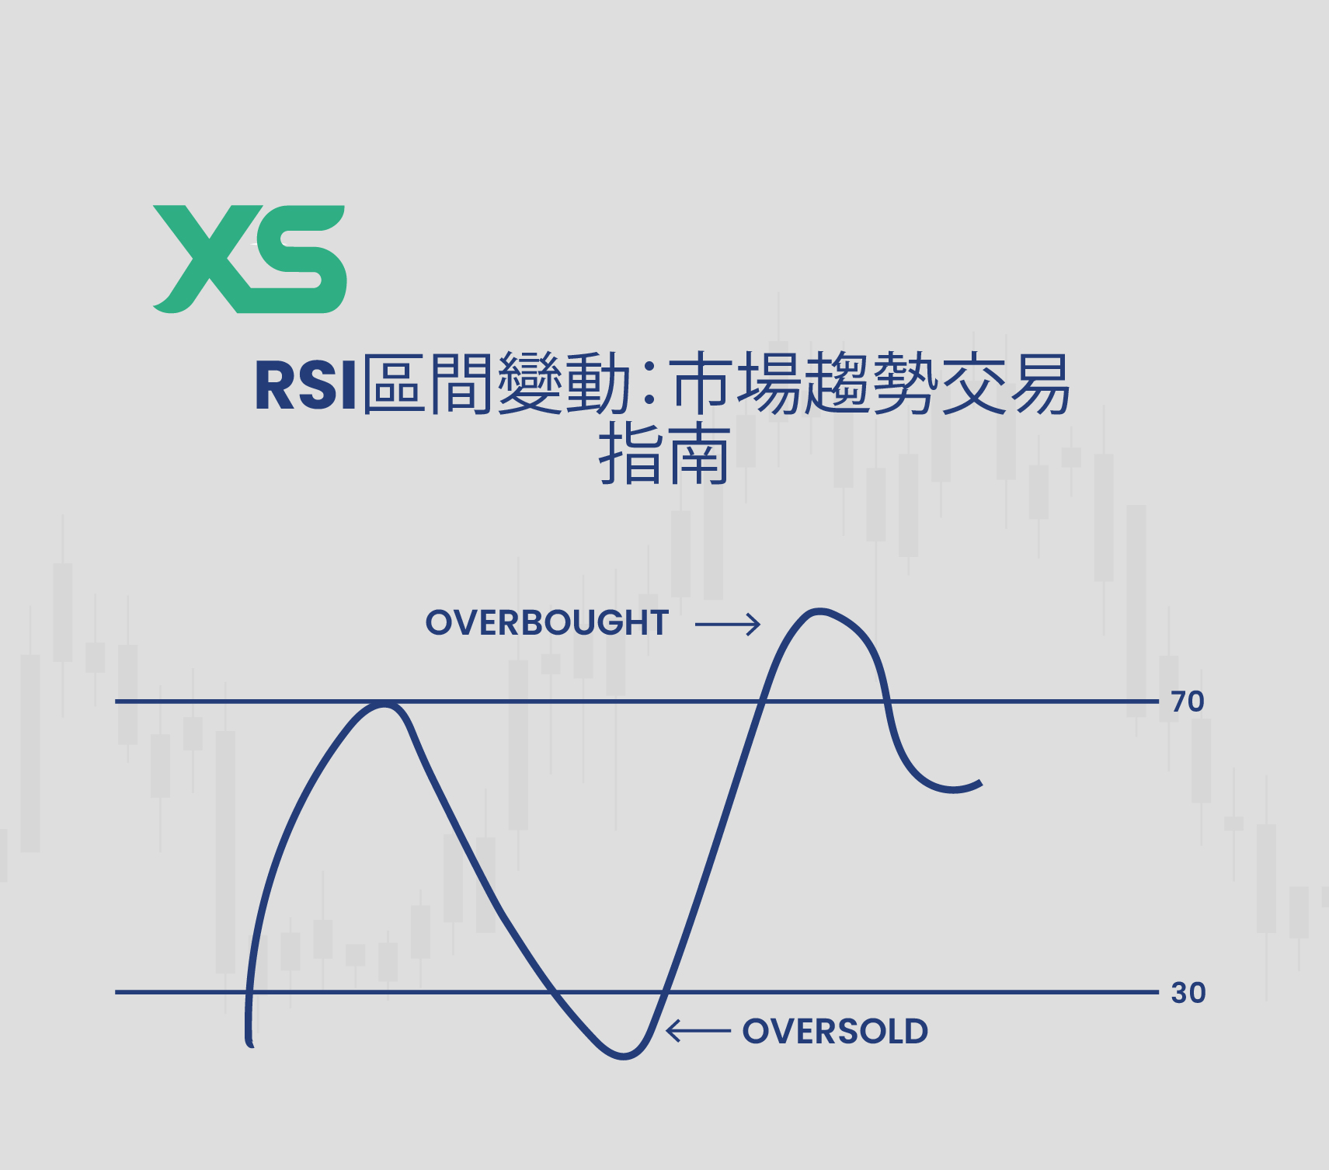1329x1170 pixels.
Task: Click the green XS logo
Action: click(x=249, y=259)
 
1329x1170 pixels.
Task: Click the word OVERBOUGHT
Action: click(x=547, y=623)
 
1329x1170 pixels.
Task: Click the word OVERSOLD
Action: click(x=835, y=1032)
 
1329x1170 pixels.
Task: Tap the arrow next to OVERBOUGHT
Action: click(x=727, y=624)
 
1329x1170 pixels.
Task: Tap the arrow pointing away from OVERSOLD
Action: click(x=698, y=1032)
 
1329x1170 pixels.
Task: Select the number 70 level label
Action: click(x=1188, y=702)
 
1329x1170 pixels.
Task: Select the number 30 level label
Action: click(x=1188, y=993)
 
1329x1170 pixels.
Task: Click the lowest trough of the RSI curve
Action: click(x=623, y=1056)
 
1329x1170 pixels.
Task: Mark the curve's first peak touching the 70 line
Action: click(x=383, y=705)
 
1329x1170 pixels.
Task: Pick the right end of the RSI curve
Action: click(x=980, y=784)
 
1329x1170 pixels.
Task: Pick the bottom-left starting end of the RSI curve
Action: click(x=250, y=1043)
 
